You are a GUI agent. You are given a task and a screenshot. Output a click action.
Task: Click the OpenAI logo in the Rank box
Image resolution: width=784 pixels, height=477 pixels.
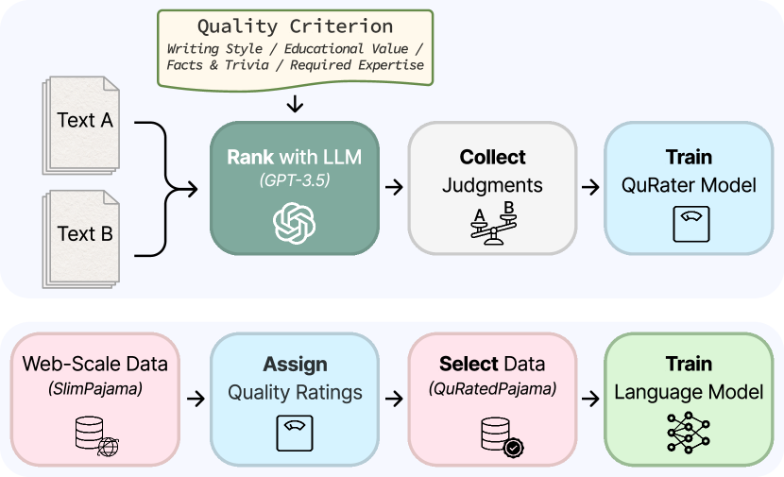pyautogui.click(x=295, y=224)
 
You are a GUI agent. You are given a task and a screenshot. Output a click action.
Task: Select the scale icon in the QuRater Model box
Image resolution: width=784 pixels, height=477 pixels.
pyautogui.click(x=689, y=224)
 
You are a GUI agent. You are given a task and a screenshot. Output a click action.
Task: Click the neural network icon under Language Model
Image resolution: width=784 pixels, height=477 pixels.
pyautogui.click(x=689, y=433)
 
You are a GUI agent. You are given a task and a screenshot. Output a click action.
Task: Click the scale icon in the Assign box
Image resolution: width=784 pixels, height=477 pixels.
pyautogui.click(x=295, y=433)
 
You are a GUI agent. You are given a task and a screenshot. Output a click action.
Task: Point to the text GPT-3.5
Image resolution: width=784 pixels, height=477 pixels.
pyautogui.click(x=295, y=179)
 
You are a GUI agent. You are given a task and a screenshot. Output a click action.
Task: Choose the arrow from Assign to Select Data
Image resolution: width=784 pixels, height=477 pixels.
pyautogui.click(x=393, y=398)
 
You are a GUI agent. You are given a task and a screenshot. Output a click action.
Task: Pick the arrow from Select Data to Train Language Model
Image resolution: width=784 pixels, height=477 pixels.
pyautogui.click(x=590, y=398)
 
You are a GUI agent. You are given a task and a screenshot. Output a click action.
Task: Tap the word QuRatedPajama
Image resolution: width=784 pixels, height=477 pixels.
pyautogui.click(x=492, y=388)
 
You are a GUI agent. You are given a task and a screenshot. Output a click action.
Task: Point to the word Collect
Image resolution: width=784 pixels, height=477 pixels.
pyautogui.click(x=492, y=157)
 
